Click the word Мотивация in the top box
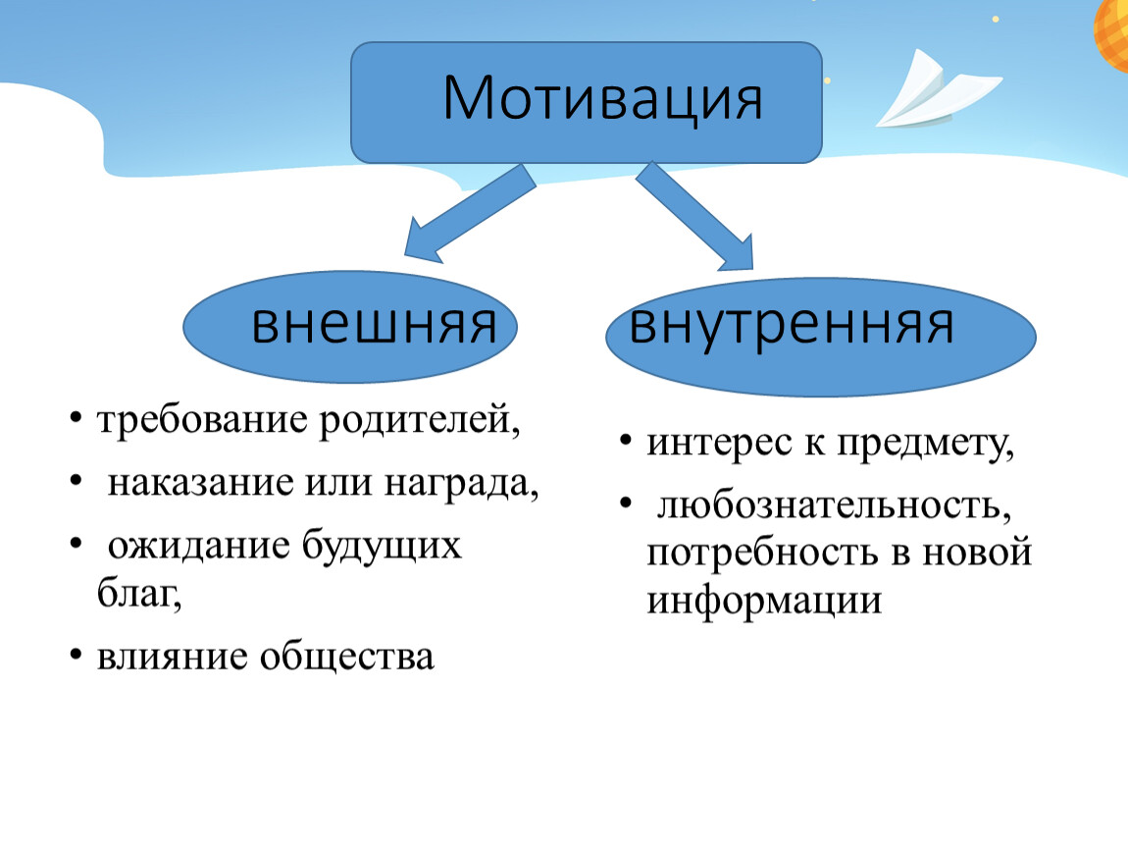click(x=602, y=98)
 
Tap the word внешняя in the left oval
click(x=374, y=325)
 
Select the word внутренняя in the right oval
click(x=792, y=325)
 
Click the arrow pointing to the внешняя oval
click(x=469, y=213)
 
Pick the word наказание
click(x=201, y=483)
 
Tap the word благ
click(x=139, y=594)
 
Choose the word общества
click(x=347, y=658)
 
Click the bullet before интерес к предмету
click(x=626, y=440)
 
